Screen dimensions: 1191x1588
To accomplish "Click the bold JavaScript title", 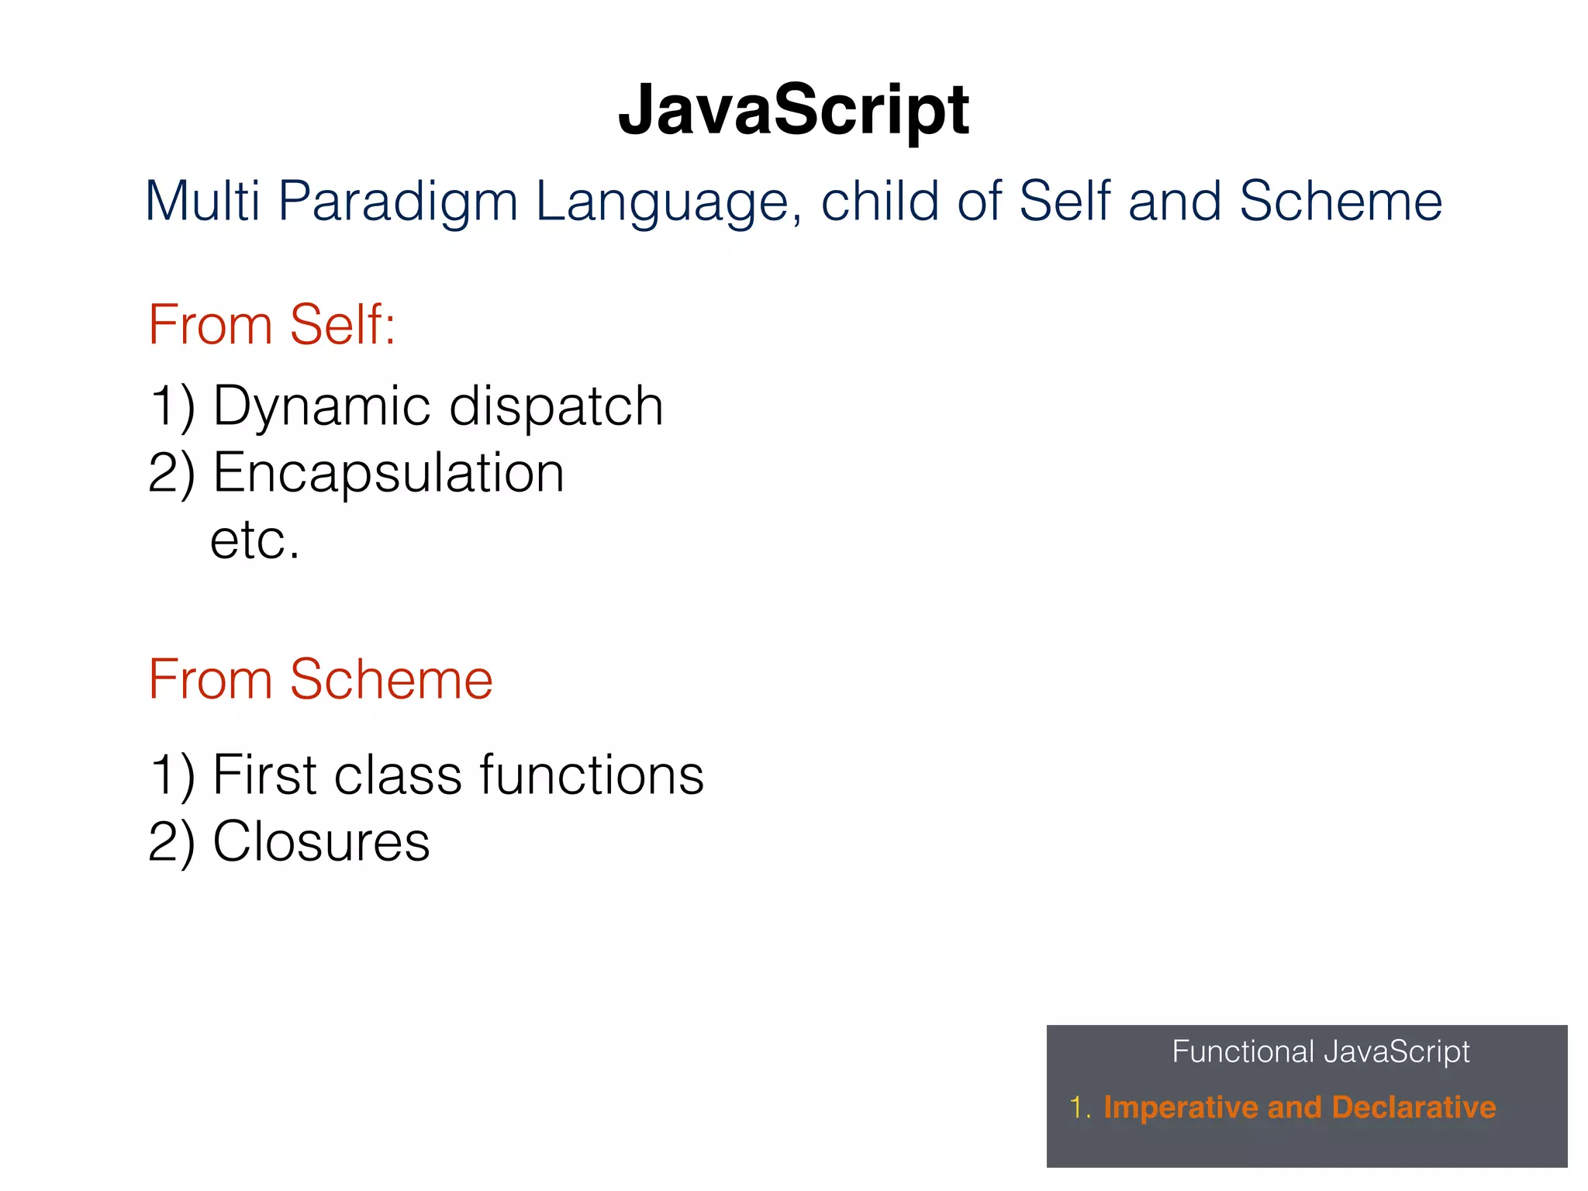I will (x=793, y=111).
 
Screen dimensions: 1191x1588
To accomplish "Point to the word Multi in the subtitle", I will (x=202, y=202).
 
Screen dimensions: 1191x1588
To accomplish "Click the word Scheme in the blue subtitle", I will (x=1340, y=202).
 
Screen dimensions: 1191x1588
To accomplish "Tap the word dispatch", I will (x=556, y=407).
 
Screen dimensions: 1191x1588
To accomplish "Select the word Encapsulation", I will (x=388, y=474).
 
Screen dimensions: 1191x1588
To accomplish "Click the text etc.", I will (x=254, y=540).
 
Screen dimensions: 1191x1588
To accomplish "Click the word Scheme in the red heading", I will (x=391, y=680).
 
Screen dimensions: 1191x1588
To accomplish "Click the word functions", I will (x=591, y=775).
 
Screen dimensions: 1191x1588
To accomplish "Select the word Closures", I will (x=321, y=841).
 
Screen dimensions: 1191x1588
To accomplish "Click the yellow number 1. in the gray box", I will (x=1079, y=1107).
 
